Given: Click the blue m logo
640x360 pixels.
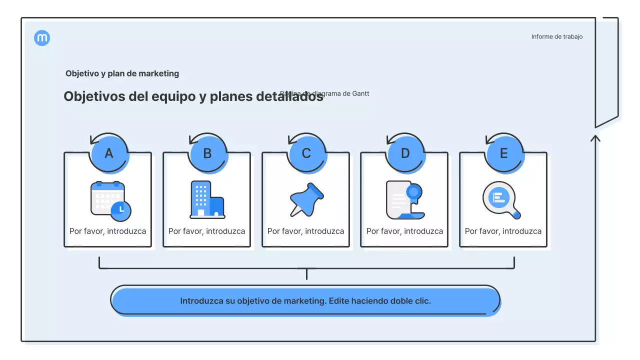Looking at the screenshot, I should point(42,38).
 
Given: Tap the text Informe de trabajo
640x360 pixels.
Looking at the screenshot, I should point(556,36).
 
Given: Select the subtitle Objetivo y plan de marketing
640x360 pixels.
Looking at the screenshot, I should point(122,73).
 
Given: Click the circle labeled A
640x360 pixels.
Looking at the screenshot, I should point(109,153).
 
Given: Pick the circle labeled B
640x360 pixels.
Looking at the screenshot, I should point(207,153).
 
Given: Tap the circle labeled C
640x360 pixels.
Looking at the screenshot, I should point(306,153).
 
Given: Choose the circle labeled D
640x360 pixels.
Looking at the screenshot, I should point(405,153).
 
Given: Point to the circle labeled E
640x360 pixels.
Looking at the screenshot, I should point(504,153).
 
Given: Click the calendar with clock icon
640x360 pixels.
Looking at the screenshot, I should point(110,201).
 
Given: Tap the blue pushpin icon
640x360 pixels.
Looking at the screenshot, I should point(306,199).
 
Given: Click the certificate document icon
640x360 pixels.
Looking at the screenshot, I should point(404,200).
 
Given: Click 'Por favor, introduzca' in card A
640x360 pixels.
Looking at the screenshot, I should point(107,231).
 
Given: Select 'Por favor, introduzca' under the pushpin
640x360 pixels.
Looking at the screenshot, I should point(305,231).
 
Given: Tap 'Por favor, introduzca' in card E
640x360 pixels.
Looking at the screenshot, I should point(503,231).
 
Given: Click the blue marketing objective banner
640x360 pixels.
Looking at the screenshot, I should point(305,301).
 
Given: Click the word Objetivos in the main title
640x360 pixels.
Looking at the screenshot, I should point(94,96).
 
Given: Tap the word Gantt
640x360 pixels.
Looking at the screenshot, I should point(361,93).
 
